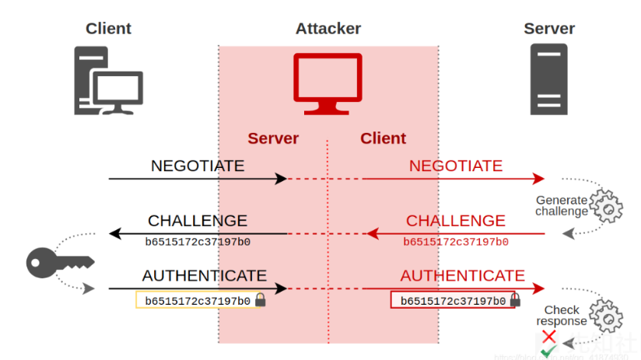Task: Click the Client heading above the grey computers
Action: pos(108,29)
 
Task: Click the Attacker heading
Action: pos(328,29)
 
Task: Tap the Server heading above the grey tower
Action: pos(548,29)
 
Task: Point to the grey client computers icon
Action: pos(108,81)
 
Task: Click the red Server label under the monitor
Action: pos(273,138)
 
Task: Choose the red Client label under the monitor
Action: pos(383,138)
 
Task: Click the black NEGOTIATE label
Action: pos(198,166)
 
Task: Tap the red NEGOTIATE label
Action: pos(456,166)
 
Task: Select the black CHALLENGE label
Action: pos(198,221)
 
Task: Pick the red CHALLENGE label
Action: pos(456,221)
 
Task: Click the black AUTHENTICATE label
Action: pos(204,276)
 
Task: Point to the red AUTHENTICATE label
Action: pos(462,276)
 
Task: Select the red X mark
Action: pos(548,336)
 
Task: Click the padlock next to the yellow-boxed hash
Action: pos(261,300)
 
